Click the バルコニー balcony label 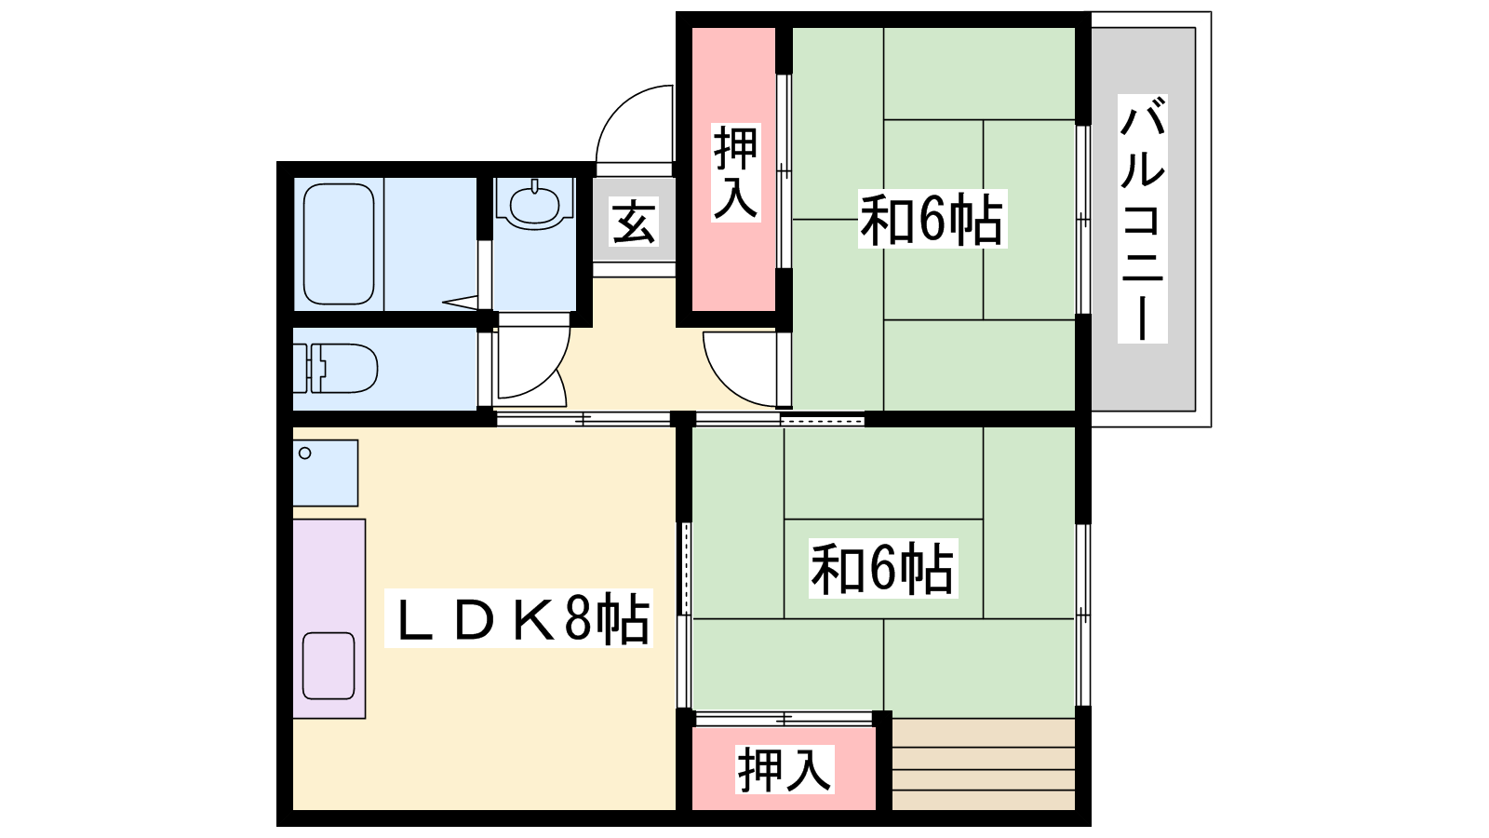pyautogui.click(x=1142, y=218)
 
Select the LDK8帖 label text pyautogui.click(x=518, y=618)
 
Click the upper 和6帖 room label pyautogui.click(x=932, y=219)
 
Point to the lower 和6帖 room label pyautogui.click(x=883, y=568)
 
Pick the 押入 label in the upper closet pyautogui.click(x=736, y=172)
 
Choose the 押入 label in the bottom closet pyautogui.click(x=785, y=769)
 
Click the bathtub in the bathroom pyautogui.click(x=339, y=244)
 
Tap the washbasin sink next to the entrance pyautogui.click(x=534, y=205)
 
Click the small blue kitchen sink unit pyautogui.click(x=326, y=473)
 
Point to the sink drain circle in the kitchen pyautogui.click(x=305, y=453)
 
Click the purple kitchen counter pyautogui.click(x=329, y=618)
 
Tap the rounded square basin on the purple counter pyautogui.click(x=329, y=666)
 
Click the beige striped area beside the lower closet pyautogui.click(x=983, y=764)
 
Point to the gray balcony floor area pyautogui.click(x=1144, y=220)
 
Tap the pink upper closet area pyautogui.click(x=734, y=169)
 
